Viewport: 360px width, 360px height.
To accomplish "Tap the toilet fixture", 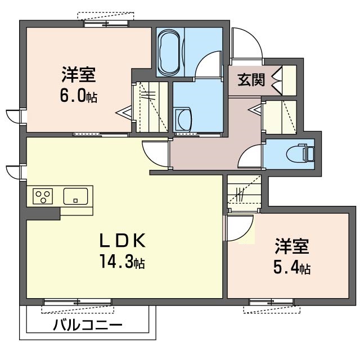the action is point(300,152).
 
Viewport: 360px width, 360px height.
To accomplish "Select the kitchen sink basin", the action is point(75,196).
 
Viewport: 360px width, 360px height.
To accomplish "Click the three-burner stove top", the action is point(43,196).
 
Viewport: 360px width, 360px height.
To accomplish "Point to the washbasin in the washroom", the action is point(183,120).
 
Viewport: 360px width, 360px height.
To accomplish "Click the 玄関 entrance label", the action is point(251,80).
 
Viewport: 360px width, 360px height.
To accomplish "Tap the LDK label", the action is point(123,240).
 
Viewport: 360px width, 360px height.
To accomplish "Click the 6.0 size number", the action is point(73,96).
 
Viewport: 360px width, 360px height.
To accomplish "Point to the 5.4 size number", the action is point(286,268).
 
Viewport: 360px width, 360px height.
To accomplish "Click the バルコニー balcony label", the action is point(88,325).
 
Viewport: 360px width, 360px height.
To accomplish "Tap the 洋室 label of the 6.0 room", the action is point(78,75).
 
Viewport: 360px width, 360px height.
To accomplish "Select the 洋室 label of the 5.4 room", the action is point(292,246).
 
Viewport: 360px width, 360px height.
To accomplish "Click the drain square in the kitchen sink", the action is point(75,201).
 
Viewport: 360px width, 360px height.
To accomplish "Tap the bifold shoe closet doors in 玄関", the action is point(277,80).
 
